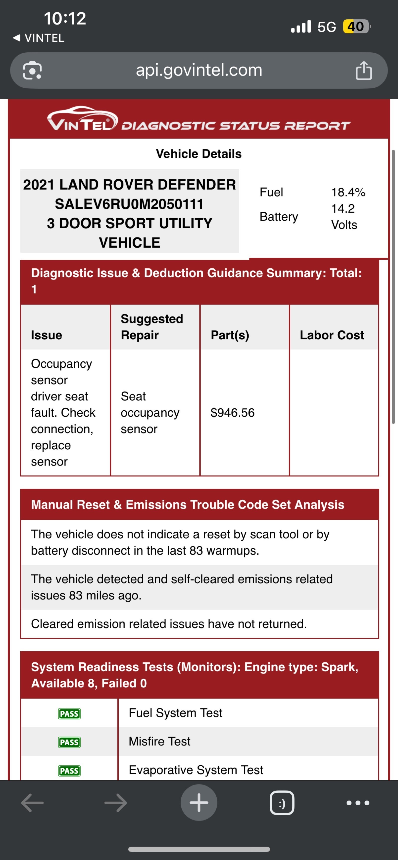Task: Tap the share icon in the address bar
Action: [x=364, y=71]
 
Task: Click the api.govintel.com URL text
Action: [x=199, y=70]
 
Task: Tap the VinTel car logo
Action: [x=82, y=119]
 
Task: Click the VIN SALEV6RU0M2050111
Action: [x=129, y=204]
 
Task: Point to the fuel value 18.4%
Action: [x=348, y=192]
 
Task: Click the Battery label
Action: [x=279, y=217]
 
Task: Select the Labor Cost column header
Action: [x=332, y=335]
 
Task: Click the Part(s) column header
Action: [x=230, y=335]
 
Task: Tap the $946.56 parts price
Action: [x=233, y=413]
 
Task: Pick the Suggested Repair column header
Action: [x=152, y=327]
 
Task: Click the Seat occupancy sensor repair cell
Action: [x=150, y=413]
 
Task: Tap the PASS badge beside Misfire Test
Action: [x=69, y=742]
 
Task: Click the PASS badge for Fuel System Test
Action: [x=69, y=714]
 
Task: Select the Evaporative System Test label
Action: [x=196, y=770]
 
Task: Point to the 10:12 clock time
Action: [x=65, y=19]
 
